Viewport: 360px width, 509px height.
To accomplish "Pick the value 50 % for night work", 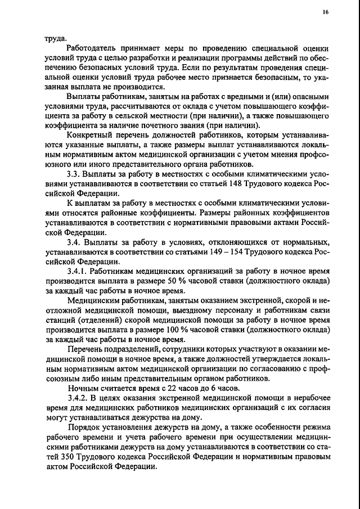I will point(179,281).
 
